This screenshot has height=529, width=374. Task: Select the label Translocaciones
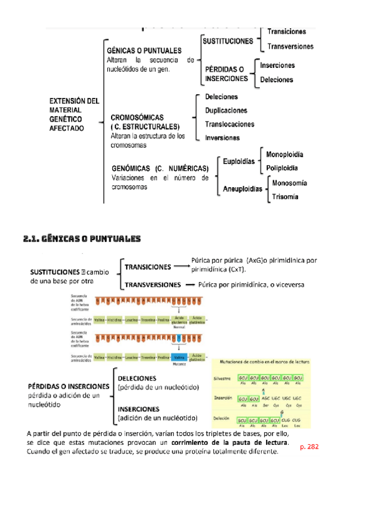(230, 124)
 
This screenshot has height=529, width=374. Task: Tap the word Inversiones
(223, 137)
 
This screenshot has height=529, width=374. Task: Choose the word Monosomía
(289, 183)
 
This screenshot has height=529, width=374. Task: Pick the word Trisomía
(285, 197)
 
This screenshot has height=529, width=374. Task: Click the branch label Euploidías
(239, 161)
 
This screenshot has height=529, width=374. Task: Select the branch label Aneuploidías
(242, 189)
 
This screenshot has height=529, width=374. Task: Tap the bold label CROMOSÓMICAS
(137, 117)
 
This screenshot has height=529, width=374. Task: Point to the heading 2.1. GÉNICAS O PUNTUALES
(82, 239)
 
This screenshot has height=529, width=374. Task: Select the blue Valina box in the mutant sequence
(178, 357)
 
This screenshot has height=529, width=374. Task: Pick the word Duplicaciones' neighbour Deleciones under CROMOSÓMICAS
(222, 97)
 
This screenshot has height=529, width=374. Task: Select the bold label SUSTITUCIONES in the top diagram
(228, 41)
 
